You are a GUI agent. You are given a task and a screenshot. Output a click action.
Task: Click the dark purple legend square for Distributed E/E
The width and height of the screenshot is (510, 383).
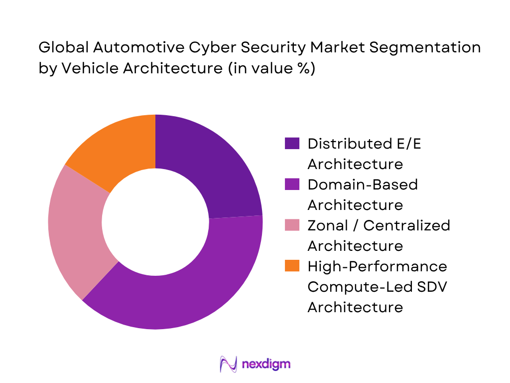point(292,144)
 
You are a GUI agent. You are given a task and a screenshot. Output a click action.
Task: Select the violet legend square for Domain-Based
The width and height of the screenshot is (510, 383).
point(292,185)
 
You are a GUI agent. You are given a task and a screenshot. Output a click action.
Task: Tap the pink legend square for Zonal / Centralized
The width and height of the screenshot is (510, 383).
point(292,225)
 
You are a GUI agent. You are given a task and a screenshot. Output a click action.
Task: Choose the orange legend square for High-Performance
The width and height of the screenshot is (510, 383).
point(292,266)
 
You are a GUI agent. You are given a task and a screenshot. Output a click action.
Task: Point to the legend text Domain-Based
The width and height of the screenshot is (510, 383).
point(363,185)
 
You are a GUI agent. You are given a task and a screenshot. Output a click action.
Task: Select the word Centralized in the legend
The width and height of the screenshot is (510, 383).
point(407,225)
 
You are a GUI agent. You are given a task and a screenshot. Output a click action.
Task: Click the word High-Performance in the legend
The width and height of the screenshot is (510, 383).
point(377,266)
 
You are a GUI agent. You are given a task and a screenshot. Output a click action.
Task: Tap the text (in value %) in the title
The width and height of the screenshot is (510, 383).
point(271,68)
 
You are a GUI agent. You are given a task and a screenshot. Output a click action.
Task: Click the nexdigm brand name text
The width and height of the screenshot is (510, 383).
point(265,364)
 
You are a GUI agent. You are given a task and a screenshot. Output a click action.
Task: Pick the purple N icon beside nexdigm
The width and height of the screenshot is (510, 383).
point(228,364)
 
